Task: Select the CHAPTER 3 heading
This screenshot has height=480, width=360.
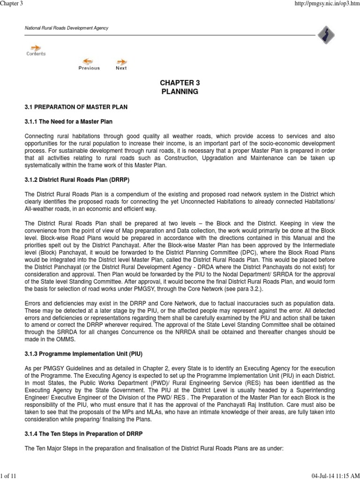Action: (x=180, y=82)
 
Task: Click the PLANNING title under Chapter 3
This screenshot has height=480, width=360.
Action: (x=180, y=92)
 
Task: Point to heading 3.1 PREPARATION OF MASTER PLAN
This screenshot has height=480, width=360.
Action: (x=76, y=107)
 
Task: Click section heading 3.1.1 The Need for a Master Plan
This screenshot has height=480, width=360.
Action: (x=68, y=122)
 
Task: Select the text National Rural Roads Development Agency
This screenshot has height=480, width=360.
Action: (x=66, y=28)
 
